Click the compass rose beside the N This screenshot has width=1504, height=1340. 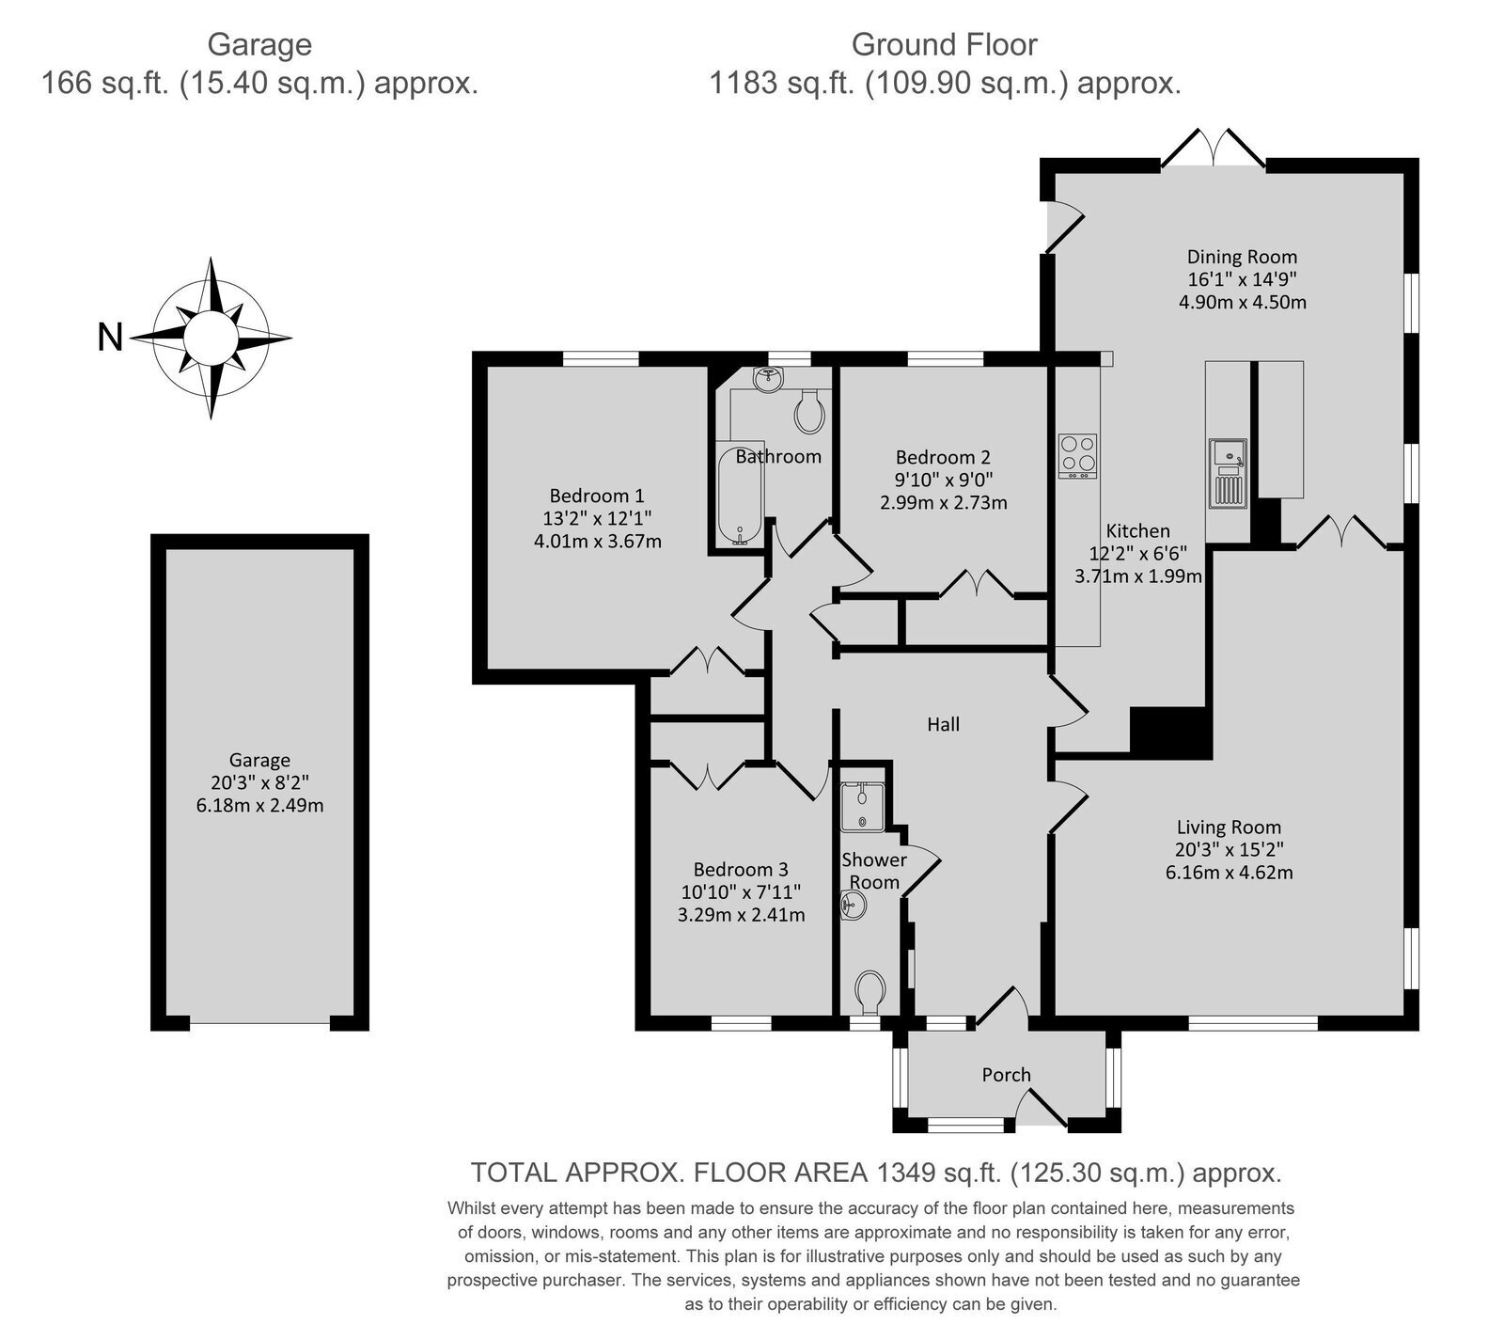211,338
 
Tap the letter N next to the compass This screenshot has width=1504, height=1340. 111,337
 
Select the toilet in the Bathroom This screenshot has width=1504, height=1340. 809,411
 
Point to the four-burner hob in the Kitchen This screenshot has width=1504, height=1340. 1078,456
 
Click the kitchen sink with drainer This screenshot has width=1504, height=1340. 1228,474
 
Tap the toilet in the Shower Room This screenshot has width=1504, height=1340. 869,993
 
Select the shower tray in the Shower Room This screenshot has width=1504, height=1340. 863,806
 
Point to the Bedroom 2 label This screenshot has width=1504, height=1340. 943,458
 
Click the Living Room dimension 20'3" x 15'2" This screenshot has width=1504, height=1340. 1229,849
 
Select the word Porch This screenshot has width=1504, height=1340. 1006,1075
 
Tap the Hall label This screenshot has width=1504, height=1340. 943,724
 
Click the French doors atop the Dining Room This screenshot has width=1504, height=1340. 1214,149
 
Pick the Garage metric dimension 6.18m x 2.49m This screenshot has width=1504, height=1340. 260,805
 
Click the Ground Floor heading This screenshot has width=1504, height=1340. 944,44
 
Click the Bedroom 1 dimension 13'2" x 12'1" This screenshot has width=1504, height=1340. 598,518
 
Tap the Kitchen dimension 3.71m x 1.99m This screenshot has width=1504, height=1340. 1138,576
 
